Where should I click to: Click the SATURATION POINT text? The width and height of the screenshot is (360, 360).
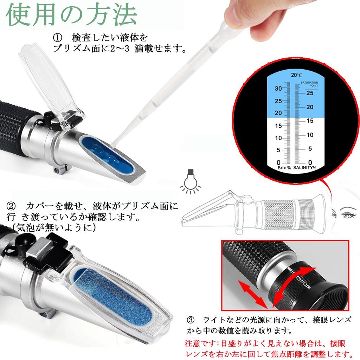coord(309,84)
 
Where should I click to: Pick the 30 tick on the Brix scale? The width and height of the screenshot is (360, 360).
coord(278,89)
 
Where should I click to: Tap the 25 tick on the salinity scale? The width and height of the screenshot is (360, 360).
coord(310,93)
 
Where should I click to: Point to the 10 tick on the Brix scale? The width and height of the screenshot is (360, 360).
coord(278,138)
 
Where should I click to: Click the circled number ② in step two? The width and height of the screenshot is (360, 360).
coord(12,205)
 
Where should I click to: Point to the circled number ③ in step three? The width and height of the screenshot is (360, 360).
coord(191,320)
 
